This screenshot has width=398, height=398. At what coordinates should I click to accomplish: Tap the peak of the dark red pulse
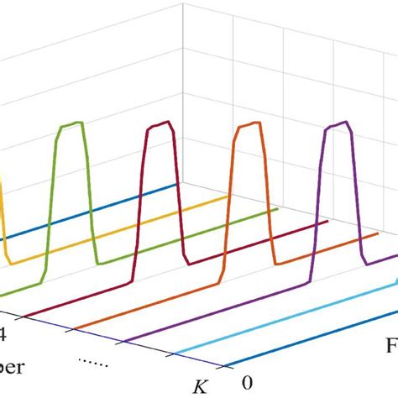click(x=160, y=126)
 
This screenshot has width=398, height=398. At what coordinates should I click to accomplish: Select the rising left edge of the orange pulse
click(x=231, y=202)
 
